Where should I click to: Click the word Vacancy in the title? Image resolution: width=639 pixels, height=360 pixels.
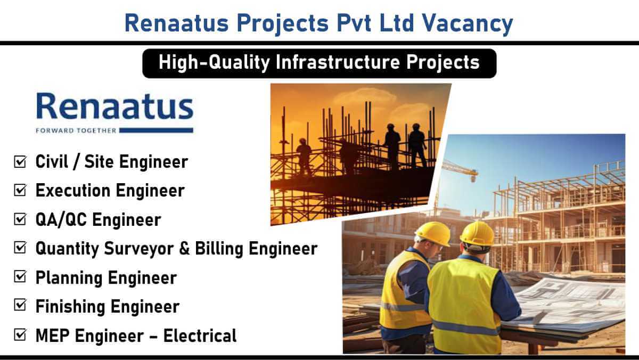(x=468, y=23)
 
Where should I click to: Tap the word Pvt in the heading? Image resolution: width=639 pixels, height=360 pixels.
(x=354, y=23)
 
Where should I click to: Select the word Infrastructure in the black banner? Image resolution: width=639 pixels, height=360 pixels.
(x=338, y=62)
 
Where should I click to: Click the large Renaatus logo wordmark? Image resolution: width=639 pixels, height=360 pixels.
(x=115, y=106)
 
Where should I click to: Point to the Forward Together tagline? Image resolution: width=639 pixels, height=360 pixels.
(x=76, y=130)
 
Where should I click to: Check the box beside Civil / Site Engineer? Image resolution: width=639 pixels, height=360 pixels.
(x=20, y=161)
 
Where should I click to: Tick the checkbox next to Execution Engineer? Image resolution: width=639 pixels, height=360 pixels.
(x=20, y=190)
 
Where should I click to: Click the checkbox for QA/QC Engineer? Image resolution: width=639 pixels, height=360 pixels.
(x=20, y=219)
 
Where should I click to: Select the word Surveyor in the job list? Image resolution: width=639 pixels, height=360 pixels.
(x=138, y=249)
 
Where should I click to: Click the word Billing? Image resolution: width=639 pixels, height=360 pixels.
(x=219, y=249)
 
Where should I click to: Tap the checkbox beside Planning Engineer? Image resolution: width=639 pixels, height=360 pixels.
(x=20, y=277)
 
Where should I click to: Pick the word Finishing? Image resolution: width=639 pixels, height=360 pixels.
(x=70, y=307)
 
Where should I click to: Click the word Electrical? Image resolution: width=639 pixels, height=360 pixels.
(x=200, y=336)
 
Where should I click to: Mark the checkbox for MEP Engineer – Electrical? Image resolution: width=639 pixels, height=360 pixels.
(x=20, y=335)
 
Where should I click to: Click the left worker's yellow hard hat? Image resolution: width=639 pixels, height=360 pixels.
(x=433, y=234)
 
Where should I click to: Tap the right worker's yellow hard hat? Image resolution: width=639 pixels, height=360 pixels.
(x=477, y=234)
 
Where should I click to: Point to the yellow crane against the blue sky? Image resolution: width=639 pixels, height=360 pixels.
(x=459, y=170)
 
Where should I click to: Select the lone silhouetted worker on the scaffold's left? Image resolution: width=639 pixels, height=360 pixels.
(x=304, y=157)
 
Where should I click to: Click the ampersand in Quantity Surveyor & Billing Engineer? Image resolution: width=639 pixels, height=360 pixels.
(x=185, y=249)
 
